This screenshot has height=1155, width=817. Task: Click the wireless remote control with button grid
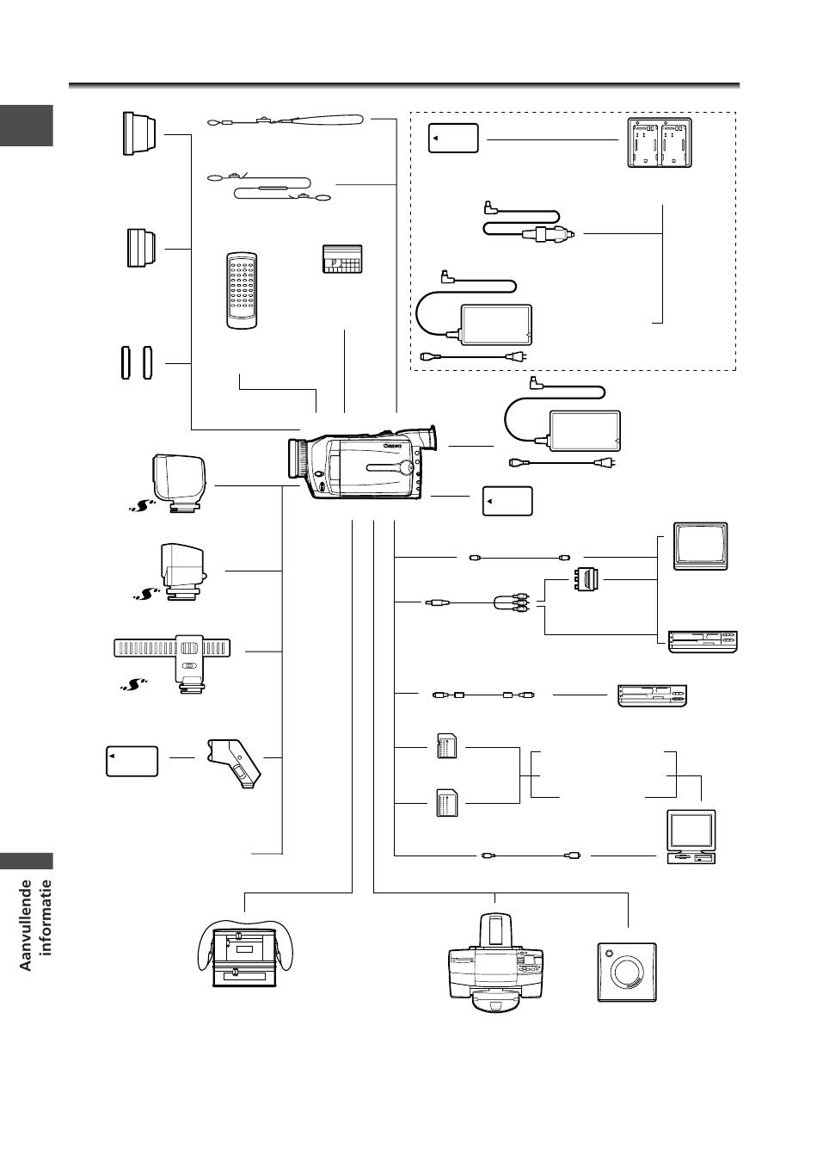pyautogui.click(x=241, y=290)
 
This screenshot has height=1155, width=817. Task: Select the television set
pyautogui.click(x=701, y=546)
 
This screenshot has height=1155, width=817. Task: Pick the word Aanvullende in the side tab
pyautogui.click(x=28, y=924)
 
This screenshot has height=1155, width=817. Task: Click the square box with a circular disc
pyautogui.click(x=627, y=972)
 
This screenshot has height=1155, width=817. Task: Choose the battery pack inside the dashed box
pyautogui.click(x=454, y=139)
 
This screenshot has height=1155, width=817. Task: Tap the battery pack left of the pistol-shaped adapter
pyautogui.click(x=132, y=761)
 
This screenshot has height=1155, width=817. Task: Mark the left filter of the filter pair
pyautogui.click(x=123, y=362)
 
